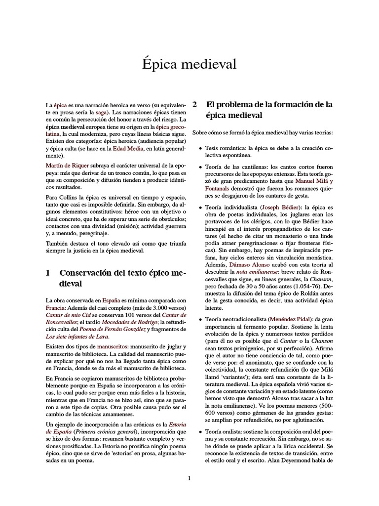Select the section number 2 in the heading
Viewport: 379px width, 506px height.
tap(194, 105)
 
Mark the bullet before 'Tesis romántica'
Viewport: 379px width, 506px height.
tap(200, 148)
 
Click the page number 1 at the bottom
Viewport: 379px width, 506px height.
tap(189, 478)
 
